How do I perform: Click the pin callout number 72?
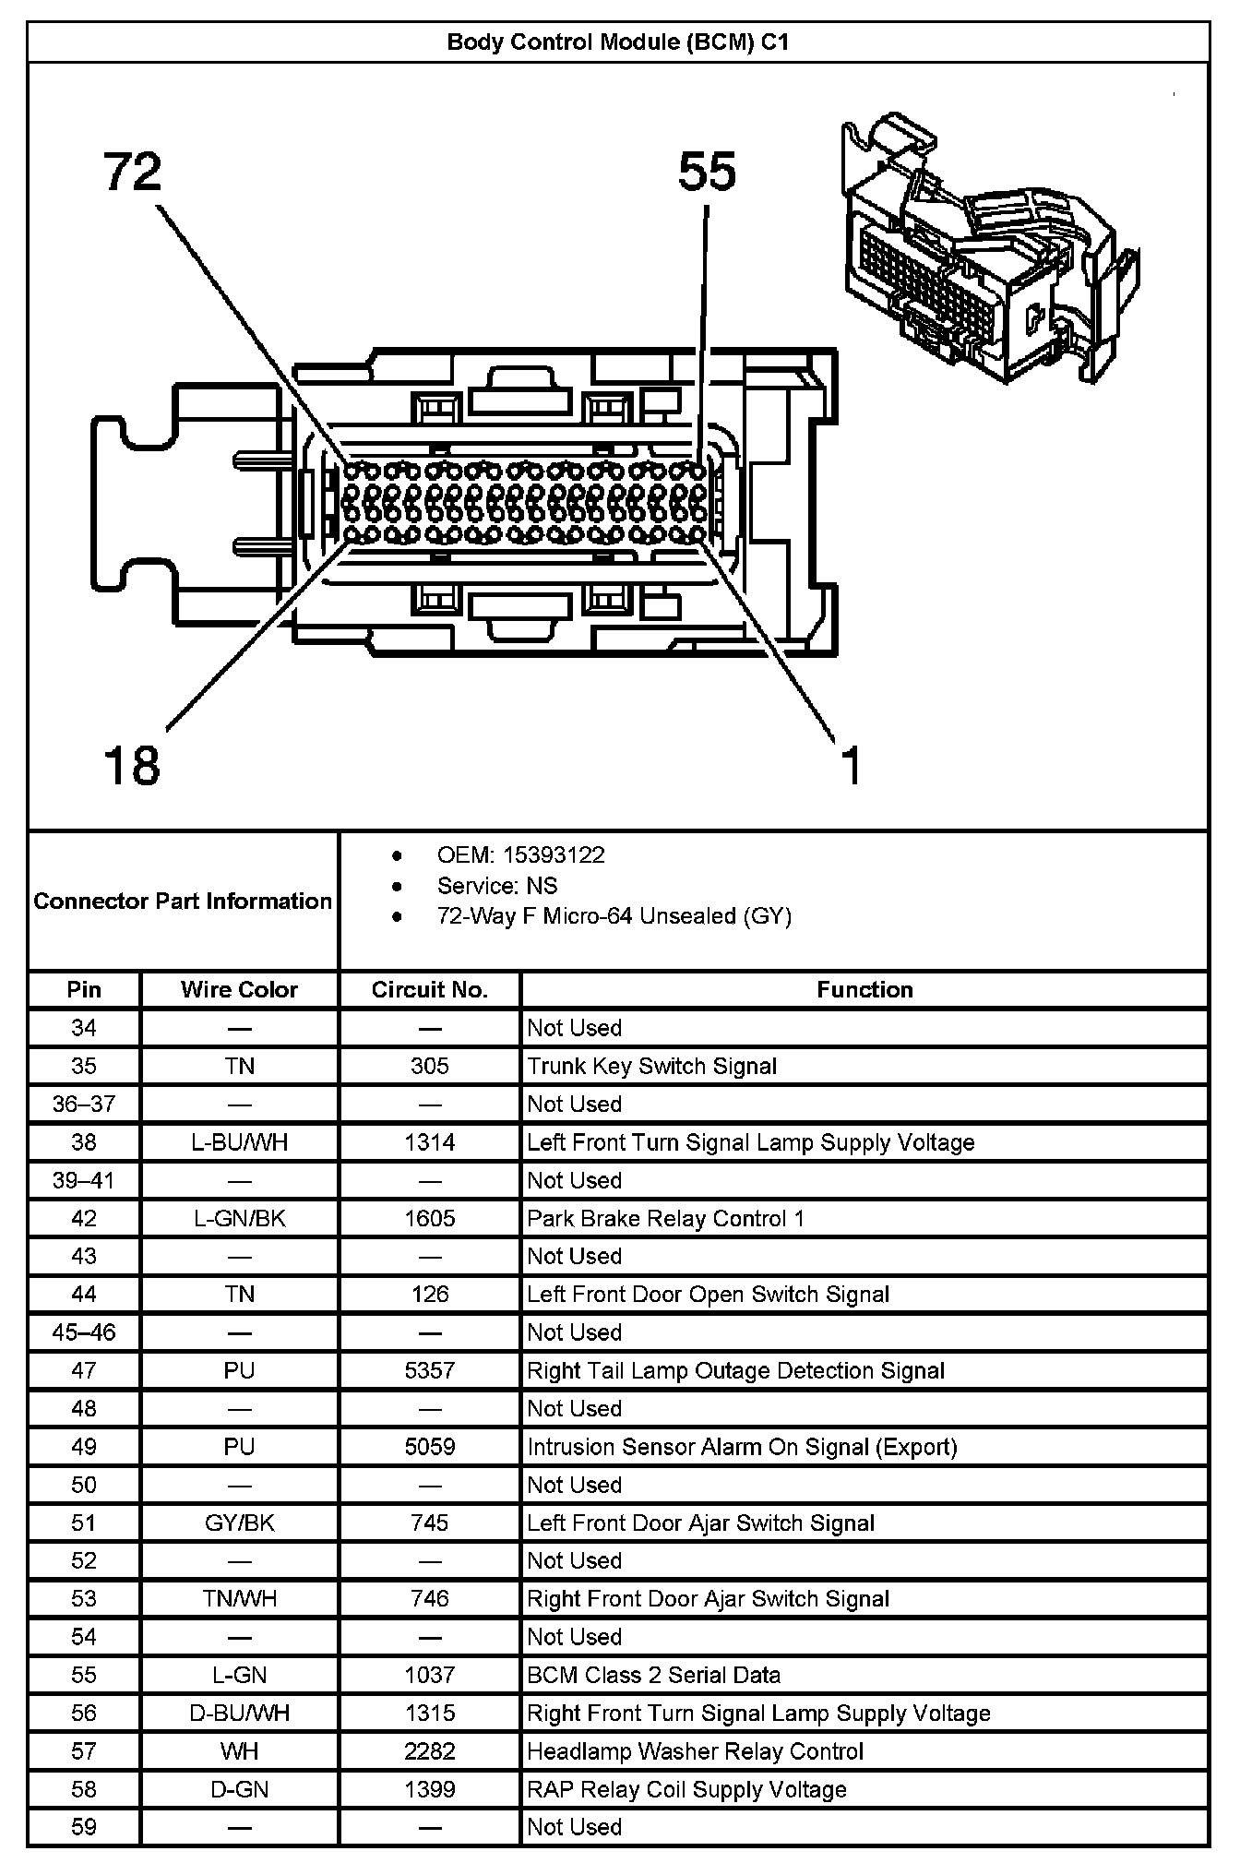[x=133, y=173]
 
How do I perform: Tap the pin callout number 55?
[x=707, y=173]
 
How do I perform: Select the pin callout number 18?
[x=133, y=766]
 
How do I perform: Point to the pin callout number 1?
[x=852, y=766]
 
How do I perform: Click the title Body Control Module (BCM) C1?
[x=618, y=42]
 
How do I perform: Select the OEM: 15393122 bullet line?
[x=520, y=855]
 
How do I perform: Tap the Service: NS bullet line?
[x=497, y=886]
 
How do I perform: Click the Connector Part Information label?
[x=183, y=901]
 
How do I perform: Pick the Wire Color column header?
[x=239, y=990]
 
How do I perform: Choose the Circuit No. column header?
[x=429, y=990]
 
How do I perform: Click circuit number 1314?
[x=429, y=1142]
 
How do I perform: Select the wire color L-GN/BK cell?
[x=239, y=1218]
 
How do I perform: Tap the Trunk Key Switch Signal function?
[x=651, y=1067]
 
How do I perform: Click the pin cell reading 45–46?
[x=83, y=1332]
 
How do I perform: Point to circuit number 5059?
[x=429, y=1447]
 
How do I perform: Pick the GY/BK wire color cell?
[x=239, y=1523]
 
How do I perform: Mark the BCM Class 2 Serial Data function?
[x=653, y=1675]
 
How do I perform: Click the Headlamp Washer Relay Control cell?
[x=695, y=1751]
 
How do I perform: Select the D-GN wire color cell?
[x=239, y=1789]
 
